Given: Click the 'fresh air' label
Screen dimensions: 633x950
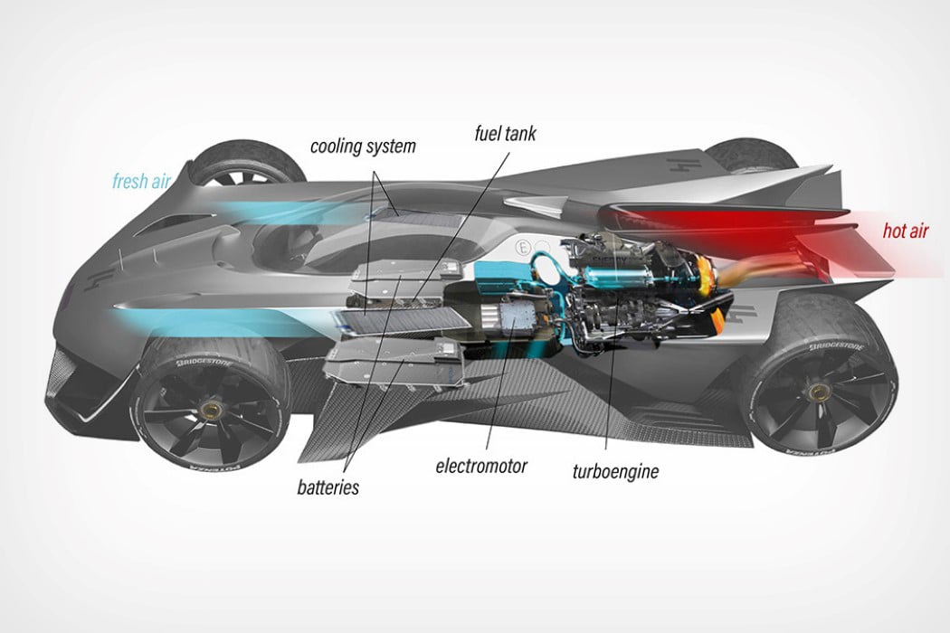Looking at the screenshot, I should pyautogui.click(x=142, y=180).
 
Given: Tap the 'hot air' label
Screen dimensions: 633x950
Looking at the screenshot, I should pyautogui.click(x=907, y=231).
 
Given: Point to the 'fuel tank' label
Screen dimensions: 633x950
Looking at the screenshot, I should pyautogui.click(x=506, y=134).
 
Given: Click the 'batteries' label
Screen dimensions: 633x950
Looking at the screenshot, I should pyautogui.click(x=328, y=487).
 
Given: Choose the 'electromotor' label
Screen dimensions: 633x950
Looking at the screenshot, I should pyautogui.click(x=480, y=467).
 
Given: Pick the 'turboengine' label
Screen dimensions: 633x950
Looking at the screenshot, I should pyautogui.click(x=615, y=470).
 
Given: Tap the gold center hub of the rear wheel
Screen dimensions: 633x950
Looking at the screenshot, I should pyautogui.click(x=822, y=391).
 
